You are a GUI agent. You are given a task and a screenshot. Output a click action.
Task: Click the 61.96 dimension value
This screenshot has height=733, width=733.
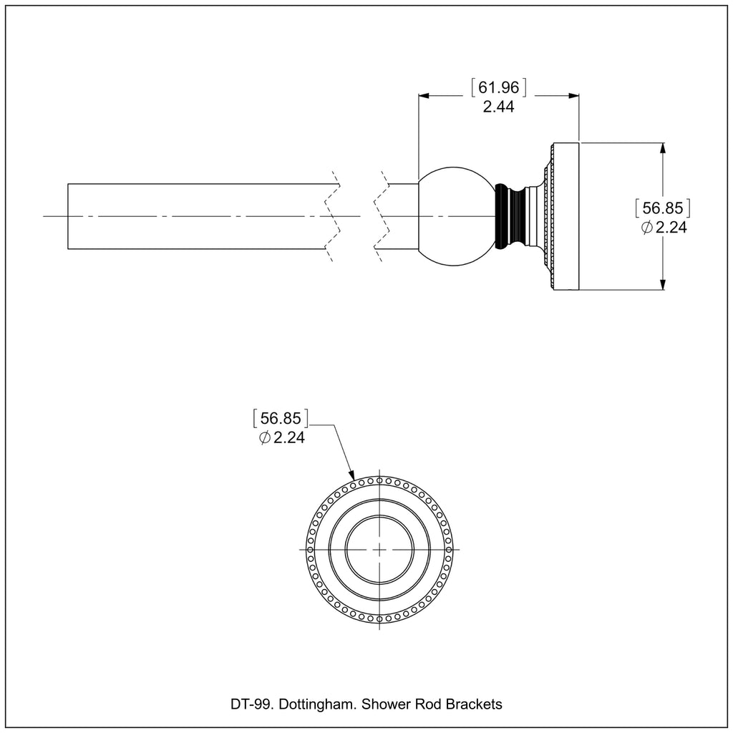click(x=499, y=88)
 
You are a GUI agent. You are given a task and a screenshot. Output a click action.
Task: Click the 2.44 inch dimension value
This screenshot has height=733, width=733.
click(x=498, y=107)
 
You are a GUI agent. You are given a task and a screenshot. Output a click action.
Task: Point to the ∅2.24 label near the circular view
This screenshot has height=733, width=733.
click(x=281, y=437)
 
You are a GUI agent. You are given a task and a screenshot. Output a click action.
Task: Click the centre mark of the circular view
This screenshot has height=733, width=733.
click(x=379, y=549)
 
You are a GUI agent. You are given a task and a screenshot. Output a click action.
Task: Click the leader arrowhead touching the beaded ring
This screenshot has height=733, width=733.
click(x=352, y=476)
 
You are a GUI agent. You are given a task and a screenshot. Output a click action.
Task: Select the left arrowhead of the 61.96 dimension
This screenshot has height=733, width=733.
click(x=423, y=95)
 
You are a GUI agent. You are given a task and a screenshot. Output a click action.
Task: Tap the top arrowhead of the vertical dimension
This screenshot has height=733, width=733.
click(x=663, y=147)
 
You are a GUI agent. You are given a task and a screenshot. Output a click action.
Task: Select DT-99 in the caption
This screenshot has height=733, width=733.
click(x=250, y=704)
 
